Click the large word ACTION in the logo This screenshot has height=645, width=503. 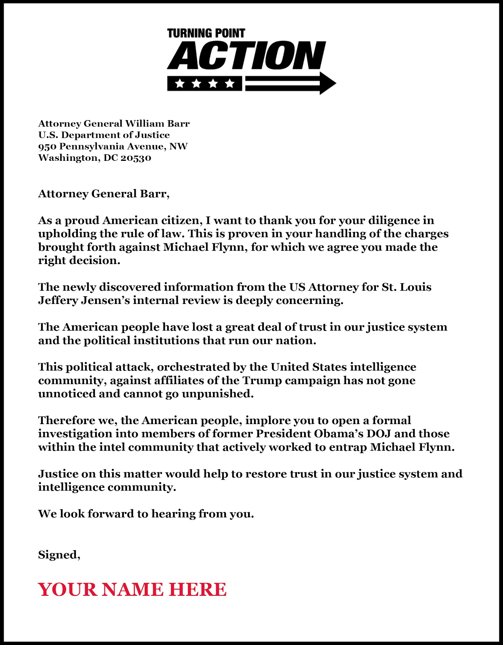(246, 56)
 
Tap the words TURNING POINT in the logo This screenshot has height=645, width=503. (206, 33)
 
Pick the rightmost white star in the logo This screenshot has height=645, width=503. (230, 83)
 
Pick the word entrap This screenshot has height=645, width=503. (348, 447)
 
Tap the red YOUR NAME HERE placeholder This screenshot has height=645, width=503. (132, 589)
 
